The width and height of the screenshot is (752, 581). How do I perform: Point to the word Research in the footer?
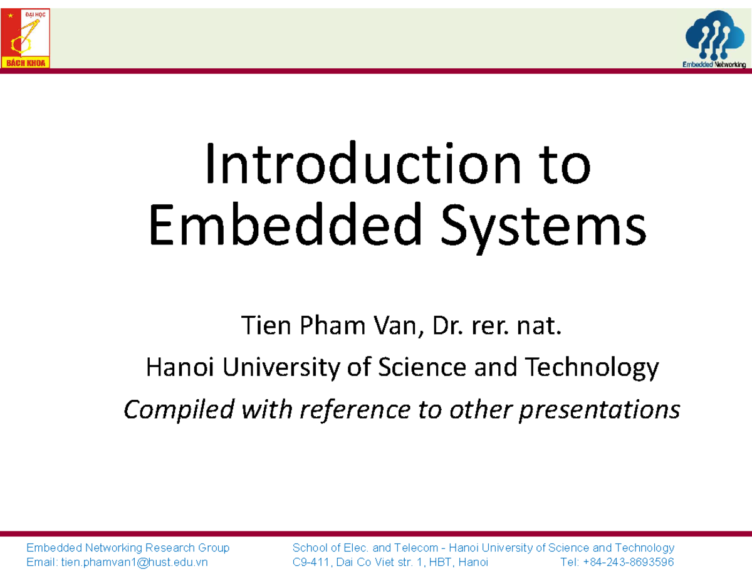[170, 548]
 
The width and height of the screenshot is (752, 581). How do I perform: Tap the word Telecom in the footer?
[415, 548]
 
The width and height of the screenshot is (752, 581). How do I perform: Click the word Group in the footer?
[214, 548]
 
